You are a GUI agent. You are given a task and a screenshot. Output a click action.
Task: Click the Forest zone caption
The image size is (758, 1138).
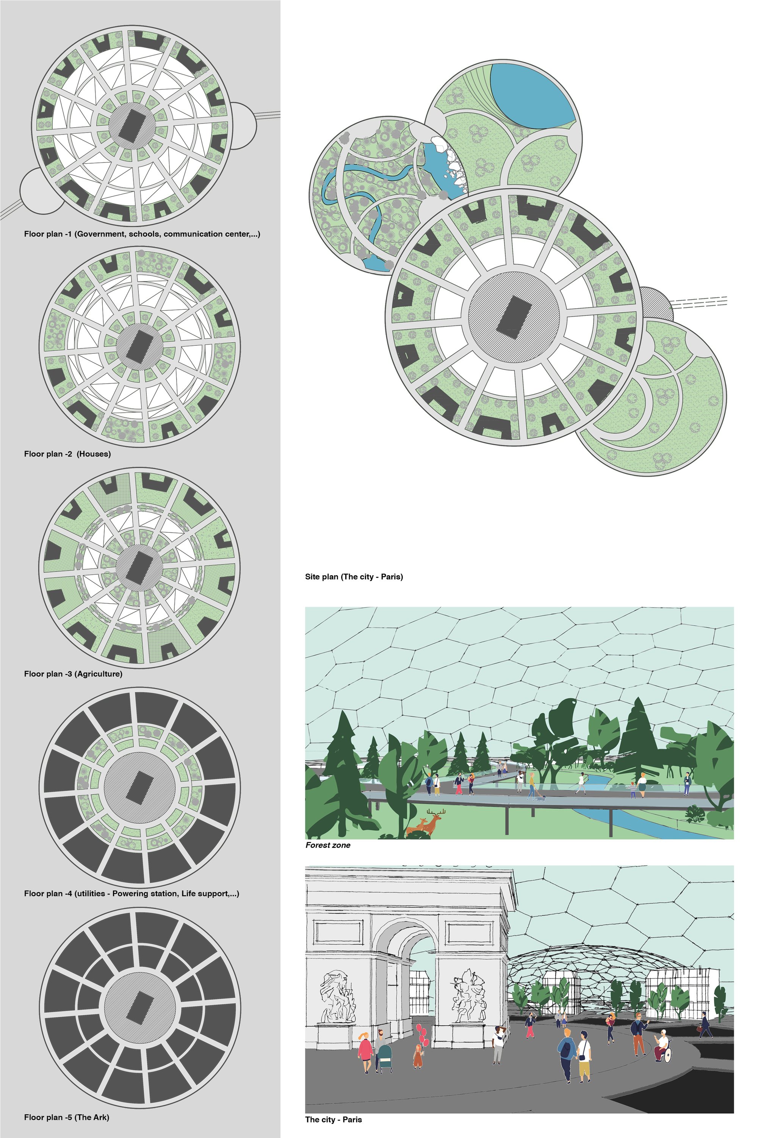click(x=328, y=845)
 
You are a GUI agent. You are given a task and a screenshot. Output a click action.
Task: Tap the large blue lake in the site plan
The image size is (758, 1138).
click(x=532, y=94)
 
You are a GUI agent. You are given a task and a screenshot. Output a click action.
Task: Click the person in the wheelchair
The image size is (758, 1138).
click(x=662, y=1046)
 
